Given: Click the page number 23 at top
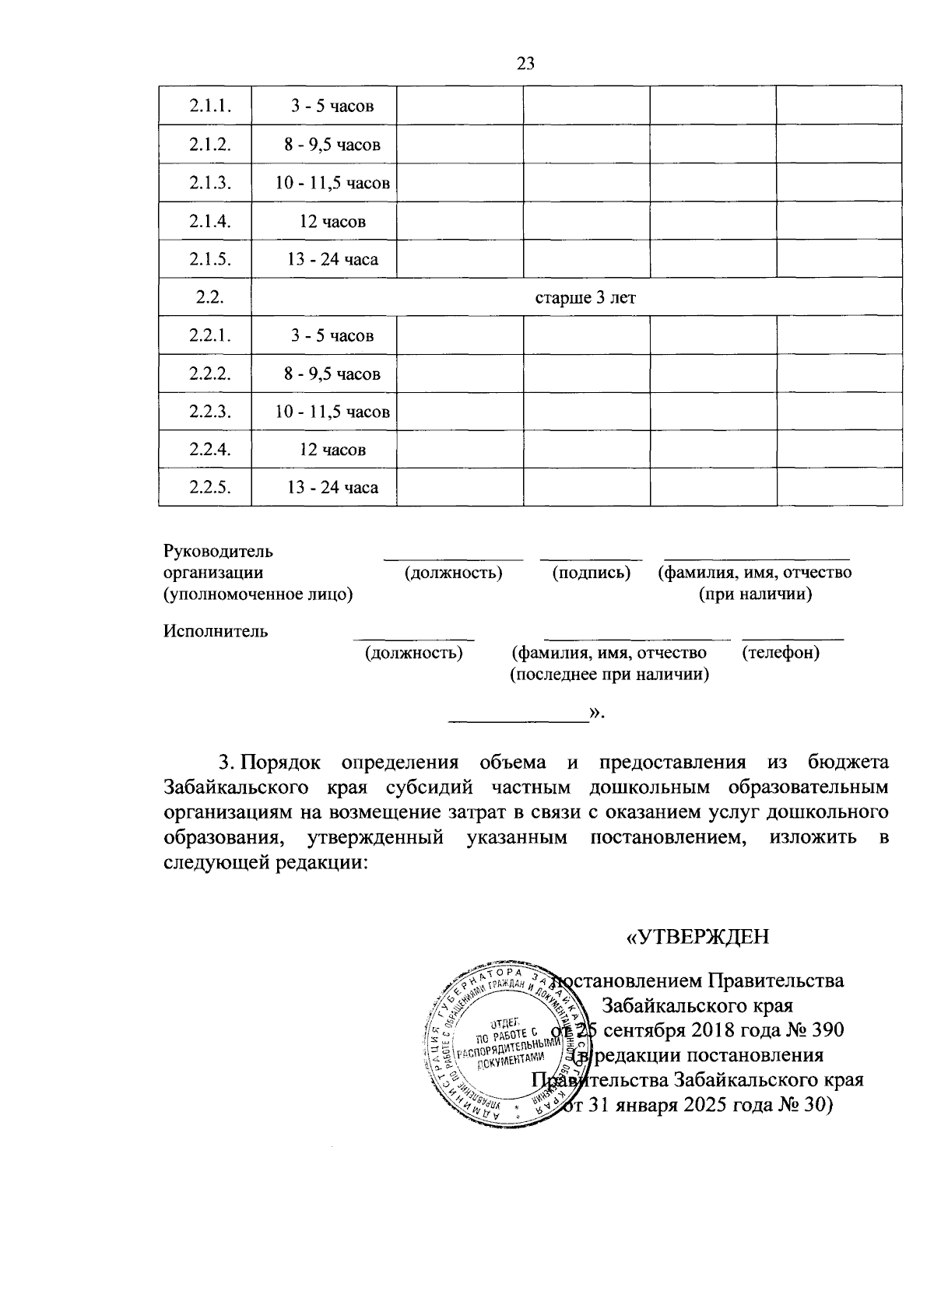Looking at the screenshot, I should tap(525, 64).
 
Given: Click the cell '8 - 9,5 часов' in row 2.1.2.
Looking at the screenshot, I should tap(332, 145).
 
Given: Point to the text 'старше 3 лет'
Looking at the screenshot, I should tap(585, 298).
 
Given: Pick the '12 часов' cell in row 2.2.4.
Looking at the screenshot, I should tap(332, 450).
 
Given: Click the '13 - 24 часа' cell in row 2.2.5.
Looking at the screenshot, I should tap(332, 488).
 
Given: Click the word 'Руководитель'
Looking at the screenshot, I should tap(218, 552).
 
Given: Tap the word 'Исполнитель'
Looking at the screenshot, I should tap(216, 631).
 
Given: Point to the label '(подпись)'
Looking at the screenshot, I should tap(592, 573).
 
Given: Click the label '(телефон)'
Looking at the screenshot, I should tap(781, 652).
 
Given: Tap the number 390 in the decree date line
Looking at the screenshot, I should tap(824, 1030).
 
